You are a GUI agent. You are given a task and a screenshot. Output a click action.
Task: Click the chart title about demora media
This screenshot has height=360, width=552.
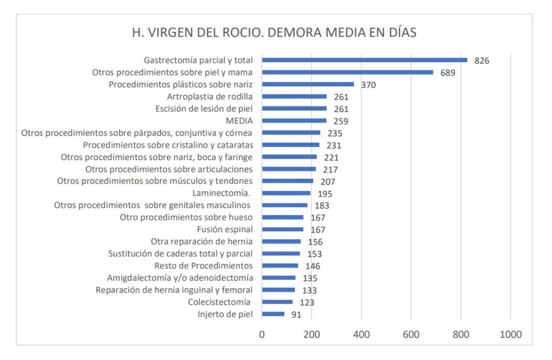[x=274, y=32]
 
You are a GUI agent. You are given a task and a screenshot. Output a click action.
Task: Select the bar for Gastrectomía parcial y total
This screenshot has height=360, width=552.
[x=364, y=60]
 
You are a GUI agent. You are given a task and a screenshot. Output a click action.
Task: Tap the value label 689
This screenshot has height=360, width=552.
[x=447, y=73]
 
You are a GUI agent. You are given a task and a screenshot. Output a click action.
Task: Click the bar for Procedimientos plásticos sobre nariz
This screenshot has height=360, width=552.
[x=308, y=85]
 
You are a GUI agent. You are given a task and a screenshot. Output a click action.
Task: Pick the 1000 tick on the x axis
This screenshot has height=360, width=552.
[x=510, y=335]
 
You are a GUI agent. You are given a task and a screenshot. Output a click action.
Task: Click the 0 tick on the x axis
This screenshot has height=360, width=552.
[x=262, y=335]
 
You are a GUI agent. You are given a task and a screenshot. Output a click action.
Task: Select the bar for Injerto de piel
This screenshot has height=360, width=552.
[x=273, y=314]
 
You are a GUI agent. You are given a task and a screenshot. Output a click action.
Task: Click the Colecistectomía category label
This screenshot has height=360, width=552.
[x=220, y=302]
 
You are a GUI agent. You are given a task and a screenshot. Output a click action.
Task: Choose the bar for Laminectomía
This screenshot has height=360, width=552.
[x=286, y=193]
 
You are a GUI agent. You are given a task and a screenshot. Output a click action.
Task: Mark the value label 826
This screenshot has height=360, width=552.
[x=481, y=60]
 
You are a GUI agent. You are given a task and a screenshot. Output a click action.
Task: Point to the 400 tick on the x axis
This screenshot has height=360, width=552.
[x=361, y=335]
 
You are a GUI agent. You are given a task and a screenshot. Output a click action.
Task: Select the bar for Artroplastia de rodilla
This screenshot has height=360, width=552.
[x=294, y=97]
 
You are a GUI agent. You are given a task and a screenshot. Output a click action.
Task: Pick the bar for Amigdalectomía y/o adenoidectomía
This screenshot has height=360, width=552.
[x=279, y=278]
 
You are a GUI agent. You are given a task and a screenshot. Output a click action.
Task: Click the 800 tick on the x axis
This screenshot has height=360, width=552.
[x=461, y=335]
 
